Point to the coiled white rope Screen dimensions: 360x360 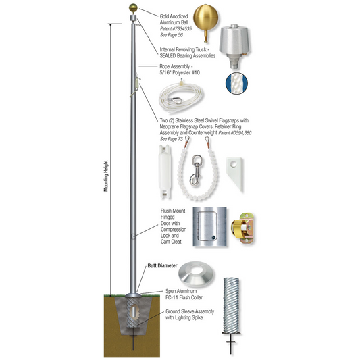click(183, 101)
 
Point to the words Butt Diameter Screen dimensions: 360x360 click(162, 266)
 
